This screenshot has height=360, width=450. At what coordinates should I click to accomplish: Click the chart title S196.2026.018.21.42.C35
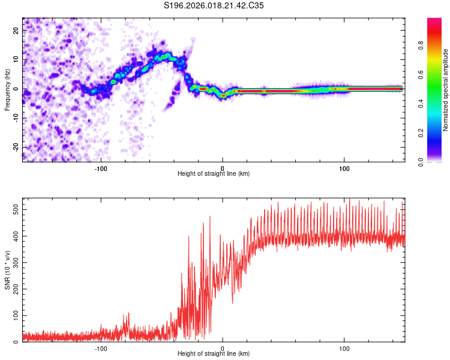click(214, 5)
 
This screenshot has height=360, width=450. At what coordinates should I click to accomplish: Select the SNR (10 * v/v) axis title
click(7, 270)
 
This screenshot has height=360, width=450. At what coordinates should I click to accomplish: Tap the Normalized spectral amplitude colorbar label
click(446, 90)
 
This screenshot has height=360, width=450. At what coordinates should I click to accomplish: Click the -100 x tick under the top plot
click(101, 167)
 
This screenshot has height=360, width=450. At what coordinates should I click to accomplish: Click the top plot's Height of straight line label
click(214, 174)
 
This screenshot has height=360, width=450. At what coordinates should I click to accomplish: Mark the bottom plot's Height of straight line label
click(214, 354)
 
